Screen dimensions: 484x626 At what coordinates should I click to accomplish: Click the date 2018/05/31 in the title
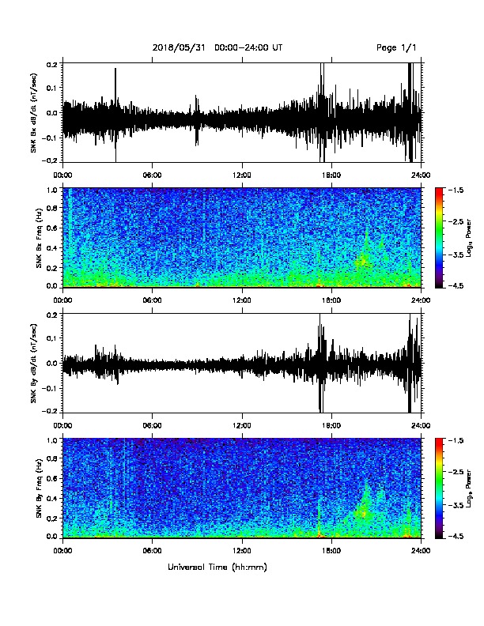pos(179,48)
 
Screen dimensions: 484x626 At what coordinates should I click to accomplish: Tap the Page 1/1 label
pos(396,48)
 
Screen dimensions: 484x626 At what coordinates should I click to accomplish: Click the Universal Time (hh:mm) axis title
pos(217,567)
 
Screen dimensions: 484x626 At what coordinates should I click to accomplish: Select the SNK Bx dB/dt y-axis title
pos(33,112)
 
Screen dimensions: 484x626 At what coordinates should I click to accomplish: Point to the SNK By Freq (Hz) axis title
pos(39,488)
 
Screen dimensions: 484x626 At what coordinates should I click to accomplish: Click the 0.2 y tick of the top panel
pos(53,63)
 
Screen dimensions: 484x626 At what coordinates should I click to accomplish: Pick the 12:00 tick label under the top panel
pos(242,175)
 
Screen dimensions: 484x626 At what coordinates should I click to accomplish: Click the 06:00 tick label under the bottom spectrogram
pos(152,551)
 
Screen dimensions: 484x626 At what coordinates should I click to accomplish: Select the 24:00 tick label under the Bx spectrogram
pos(422,300)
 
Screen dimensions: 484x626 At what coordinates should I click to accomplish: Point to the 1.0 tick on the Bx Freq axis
pos(53,190)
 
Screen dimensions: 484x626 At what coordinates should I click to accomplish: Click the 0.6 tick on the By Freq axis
pos(53,478)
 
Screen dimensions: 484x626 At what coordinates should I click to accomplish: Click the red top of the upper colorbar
pos(439,191)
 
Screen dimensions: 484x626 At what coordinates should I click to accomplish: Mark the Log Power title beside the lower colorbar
pos(469,488)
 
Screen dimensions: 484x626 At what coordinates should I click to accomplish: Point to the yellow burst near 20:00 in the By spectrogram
pos(363,511)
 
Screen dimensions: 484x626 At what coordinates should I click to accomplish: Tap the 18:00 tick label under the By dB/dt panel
pos(331,425)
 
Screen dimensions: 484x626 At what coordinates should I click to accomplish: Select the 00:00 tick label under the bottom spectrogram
pos(62,551)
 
